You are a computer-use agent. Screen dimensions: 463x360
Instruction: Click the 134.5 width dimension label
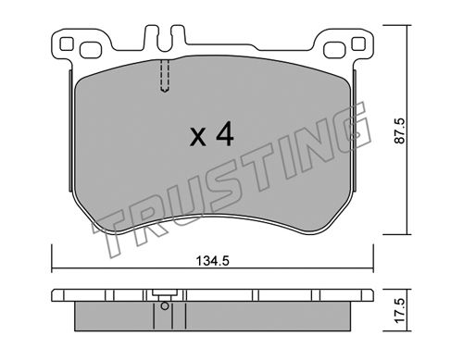[213, 261]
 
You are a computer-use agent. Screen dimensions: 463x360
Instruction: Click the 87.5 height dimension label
[400, 130]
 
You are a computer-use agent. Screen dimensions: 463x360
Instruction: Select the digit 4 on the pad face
[225, 133]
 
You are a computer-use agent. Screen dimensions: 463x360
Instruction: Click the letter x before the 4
[198, 137]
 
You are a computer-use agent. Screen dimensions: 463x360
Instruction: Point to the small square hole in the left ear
[67, 43]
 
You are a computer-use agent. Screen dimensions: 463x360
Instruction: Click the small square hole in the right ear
[358, 43]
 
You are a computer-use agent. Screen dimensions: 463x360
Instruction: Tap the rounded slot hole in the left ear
[91, 50]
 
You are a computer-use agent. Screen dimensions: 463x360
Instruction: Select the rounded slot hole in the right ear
[335, 50]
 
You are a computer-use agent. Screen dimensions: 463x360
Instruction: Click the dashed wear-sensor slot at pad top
[166, 76]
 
